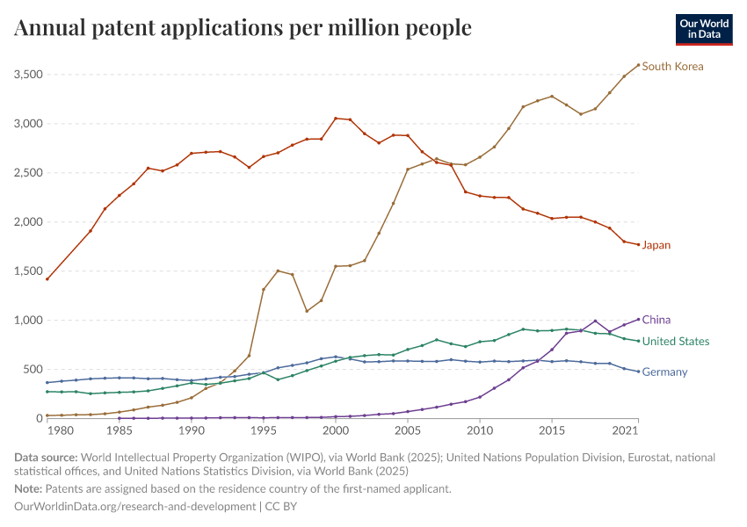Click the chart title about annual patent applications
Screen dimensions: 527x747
click(x=243, y=28)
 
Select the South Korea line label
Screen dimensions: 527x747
click(x=672, y=66)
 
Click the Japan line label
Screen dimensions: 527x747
click(x=656, y=245)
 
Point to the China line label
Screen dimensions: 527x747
click(x=656, y=320)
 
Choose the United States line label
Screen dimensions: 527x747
click(x=676, y=341)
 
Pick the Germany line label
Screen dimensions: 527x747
click(x=664, y=372)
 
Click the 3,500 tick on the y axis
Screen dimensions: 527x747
click(x=29, y=75)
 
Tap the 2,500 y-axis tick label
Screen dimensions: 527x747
click(x=29, y=173)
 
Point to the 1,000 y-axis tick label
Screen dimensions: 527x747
click(x=29, y=321)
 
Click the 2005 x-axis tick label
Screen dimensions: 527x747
click(x=407, y=431)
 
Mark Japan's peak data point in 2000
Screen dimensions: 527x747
click(x=335, y=118)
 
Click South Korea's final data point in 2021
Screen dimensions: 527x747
click(x=638, y=65)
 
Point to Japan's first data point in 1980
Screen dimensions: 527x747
click(x=47, y=279)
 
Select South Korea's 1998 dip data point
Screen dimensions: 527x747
click(x=306, y=311)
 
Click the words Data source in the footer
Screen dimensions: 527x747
click(x=45, y=458)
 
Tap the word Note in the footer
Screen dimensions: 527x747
click(x=28, y=488)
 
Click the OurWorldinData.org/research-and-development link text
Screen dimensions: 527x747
click(x=134, y=507)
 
